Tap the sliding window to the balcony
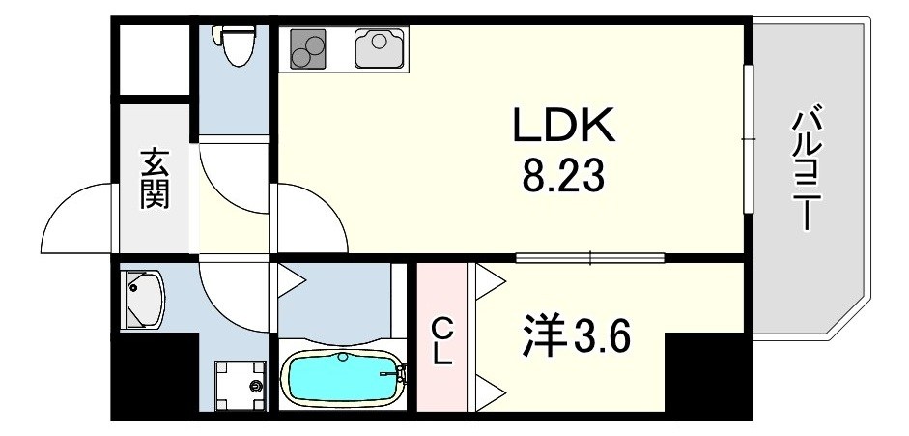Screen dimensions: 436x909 coord(748,138)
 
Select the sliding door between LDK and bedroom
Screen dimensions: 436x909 coord(590,257)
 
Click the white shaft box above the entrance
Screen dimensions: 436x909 coord(155,59)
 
